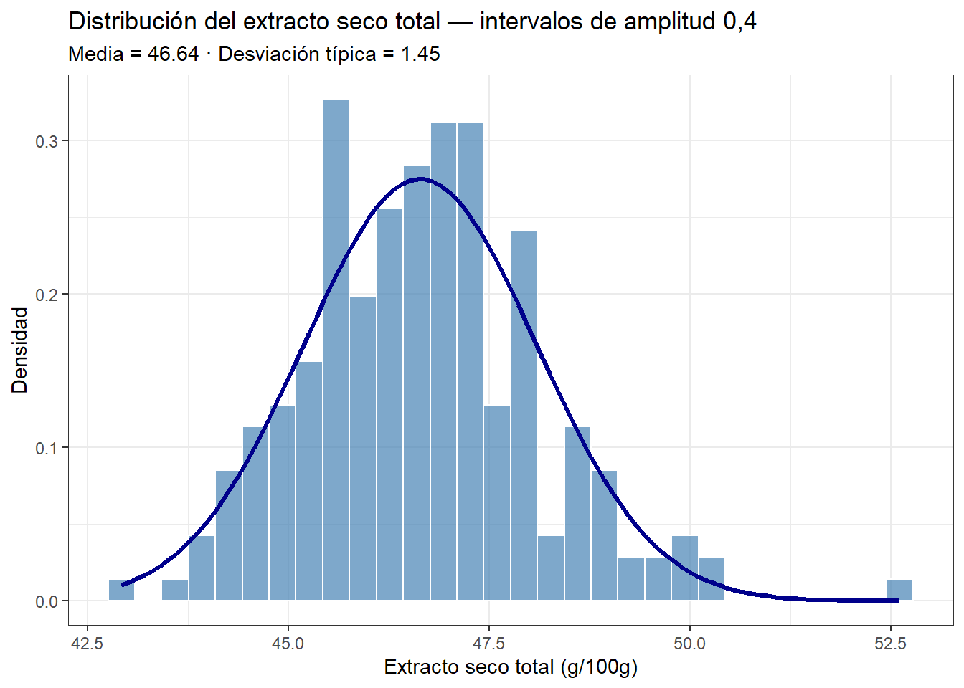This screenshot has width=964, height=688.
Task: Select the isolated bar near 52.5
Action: (899, 590)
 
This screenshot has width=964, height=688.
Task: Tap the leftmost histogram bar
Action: (121, 590)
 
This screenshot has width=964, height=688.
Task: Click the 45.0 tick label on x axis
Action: (288, 643)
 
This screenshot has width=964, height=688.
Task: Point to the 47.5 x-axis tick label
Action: (488, 643)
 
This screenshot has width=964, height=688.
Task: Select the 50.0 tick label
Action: (689, 643)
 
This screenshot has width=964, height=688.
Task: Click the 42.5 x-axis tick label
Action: (88, 643)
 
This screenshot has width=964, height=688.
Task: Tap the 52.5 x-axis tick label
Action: (890, 643)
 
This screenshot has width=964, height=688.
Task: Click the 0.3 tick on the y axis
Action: (47, 141)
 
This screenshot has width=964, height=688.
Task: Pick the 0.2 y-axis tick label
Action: (47, 295)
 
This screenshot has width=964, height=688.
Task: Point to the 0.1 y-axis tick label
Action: (47, 448)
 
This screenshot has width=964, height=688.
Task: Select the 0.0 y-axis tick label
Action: (47, 601)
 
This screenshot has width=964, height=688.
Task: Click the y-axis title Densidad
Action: (20, 350)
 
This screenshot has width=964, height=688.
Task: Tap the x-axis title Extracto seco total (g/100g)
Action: (511, 667)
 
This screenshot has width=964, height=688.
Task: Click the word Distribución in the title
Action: (133, 21)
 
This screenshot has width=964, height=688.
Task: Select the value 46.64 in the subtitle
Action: (173, 54)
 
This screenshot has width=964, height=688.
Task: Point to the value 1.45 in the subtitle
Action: (420, 54)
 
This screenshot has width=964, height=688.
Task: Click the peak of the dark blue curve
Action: (421, 179)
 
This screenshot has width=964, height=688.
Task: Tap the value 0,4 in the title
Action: (739, 21)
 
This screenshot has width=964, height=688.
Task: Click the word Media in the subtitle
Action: (95, 54)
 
